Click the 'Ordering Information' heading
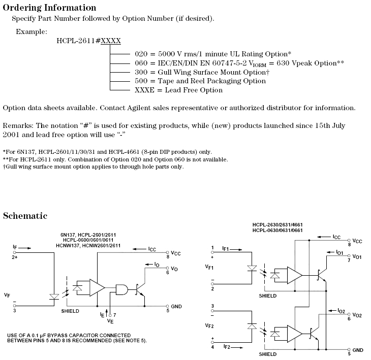[49, 8]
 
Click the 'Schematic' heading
[25, 216]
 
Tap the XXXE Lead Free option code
[144, 90]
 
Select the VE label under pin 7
[110, 321]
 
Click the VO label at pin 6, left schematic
[175, 269]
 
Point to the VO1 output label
[356, 257]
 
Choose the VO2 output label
[356, 315]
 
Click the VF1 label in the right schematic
[209, 268]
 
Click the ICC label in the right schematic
[336, 237]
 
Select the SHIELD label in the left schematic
[70, 310]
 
